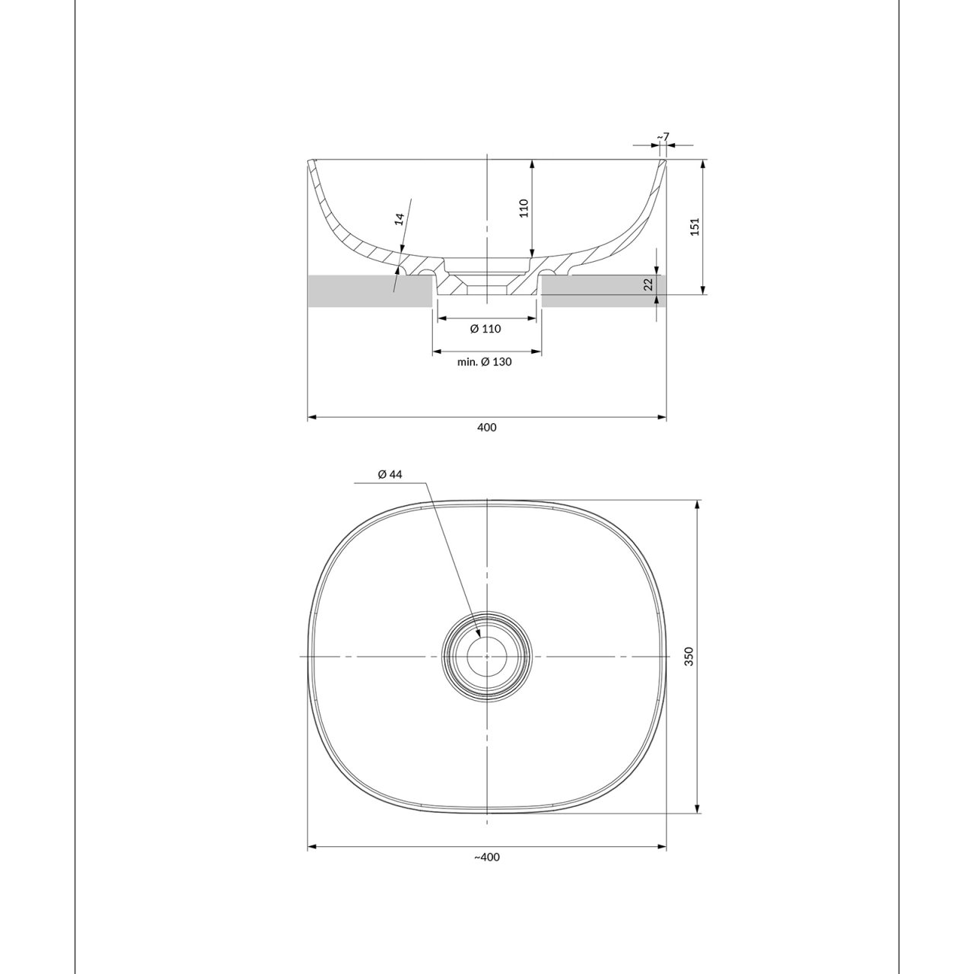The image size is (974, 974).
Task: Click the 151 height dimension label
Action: [695, 226]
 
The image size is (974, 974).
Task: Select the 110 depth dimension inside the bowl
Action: [524, 208]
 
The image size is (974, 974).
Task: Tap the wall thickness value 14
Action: [399, 218]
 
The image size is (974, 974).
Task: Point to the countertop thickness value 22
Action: [650, 285]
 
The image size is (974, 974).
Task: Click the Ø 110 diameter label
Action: [485, 329]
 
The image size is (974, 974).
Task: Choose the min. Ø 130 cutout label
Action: [484, 362]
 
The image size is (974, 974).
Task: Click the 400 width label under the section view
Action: [487, 428]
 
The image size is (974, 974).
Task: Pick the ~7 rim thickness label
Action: [663, 136]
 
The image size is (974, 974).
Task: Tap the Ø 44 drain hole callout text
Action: [390, 474]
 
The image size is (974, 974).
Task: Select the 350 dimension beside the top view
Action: [689, 656]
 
